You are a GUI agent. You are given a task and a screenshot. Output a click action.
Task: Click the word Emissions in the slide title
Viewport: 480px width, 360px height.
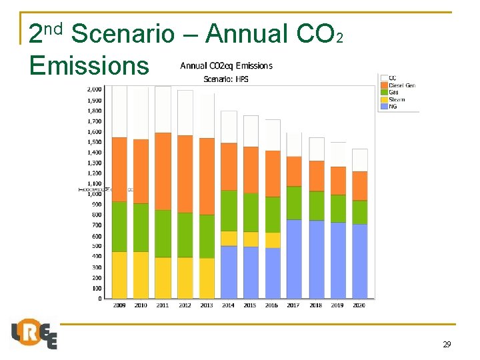tap(89, 65)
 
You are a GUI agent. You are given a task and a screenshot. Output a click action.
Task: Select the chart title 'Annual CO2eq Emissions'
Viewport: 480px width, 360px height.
tap(226, 65)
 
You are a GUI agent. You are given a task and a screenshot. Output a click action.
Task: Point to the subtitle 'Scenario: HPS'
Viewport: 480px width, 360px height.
tap(226, 79)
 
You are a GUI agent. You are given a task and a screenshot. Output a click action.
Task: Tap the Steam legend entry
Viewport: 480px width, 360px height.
tap(396, 100)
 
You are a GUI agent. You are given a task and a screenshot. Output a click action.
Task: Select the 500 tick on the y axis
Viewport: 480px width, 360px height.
tap(97, 246)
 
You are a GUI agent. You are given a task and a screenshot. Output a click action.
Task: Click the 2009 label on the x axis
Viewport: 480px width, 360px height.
tap(119, 306)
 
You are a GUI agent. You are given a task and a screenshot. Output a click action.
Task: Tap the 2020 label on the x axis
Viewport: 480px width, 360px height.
tap(360, 306)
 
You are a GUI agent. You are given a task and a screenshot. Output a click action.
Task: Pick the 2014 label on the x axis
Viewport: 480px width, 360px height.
tap(229, 306)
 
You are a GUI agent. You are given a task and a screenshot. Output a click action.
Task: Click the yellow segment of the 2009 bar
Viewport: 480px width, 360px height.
tap(119, 275)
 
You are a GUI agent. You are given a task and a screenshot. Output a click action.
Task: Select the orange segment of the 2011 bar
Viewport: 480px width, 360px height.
tap(163, 171)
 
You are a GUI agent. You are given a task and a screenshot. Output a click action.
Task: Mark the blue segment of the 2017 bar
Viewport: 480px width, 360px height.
tap(294, 259)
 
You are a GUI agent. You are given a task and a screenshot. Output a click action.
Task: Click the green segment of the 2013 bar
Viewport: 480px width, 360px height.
tap(207, 236)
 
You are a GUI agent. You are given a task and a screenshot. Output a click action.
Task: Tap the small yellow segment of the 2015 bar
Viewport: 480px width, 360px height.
tap(251, 239)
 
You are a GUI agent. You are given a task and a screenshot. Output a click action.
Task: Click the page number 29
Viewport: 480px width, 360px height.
tap(447, 345)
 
